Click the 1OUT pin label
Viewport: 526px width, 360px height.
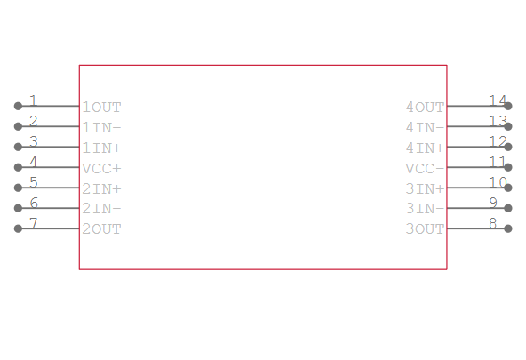pos(101,108)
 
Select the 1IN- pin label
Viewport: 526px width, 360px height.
pos(101,128)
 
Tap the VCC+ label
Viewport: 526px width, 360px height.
pos(101,168)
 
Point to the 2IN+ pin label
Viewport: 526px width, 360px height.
pos(101,189)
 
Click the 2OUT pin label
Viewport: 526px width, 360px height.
pos(101,229)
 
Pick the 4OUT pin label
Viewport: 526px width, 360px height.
pos(425,108)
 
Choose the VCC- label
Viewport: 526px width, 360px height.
pos(425,168)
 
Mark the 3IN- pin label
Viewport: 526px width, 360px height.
pos(425,209)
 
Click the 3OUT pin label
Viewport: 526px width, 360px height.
pos(425,229)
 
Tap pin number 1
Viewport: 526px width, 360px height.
pos(33,100)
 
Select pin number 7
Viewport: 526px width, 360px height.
pos(33,223)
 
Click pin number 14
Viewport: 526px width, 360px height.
pos(498,100)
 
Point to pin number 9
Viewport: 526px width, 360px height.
pos(493,203)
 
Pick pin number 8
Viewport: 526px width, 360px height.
pos(493,223)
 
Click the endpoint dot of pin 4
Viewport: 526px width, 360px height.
pos(18,167)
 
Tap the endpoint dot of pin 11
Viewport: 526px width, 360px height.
pos(508,167)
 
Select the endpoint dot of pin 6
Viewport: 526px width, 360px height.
pos(18,208)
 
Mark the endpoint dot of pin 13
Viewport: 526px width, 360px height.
pos(508,126)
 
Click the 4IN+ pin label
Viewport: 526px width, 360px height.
pos(425,148)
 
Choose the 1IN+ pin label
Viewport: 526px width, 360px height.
pos(101,148)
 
